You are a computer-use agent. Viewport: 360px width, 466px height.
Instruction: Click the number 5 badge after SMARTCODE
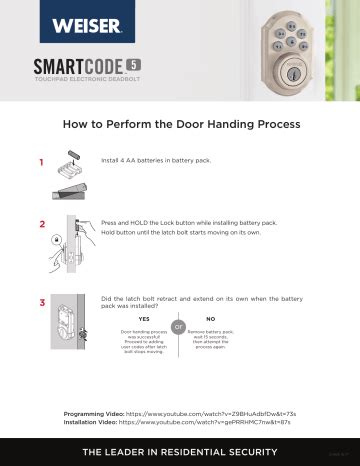tap(133, 64)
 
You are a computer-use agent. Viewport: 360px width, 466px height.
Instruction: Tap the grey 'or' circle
tap(178, 327)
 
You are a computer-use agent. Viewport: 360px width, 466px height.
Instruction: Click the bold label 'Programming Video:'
tap(93, 413)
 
